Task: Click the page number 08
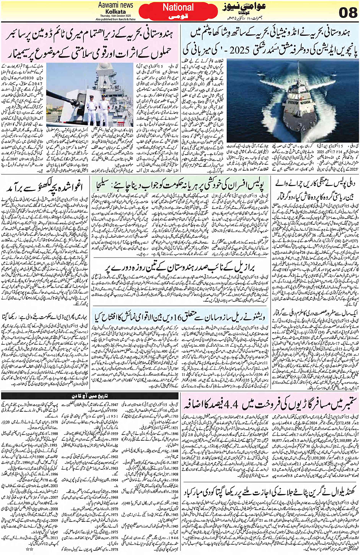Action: [x=348, y=13]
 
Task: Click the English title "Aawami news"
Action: [x=115, y=5]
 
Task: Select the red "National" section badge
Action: [x=178, y=8]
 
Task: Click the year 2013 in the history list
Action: [x=54, y=538]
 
